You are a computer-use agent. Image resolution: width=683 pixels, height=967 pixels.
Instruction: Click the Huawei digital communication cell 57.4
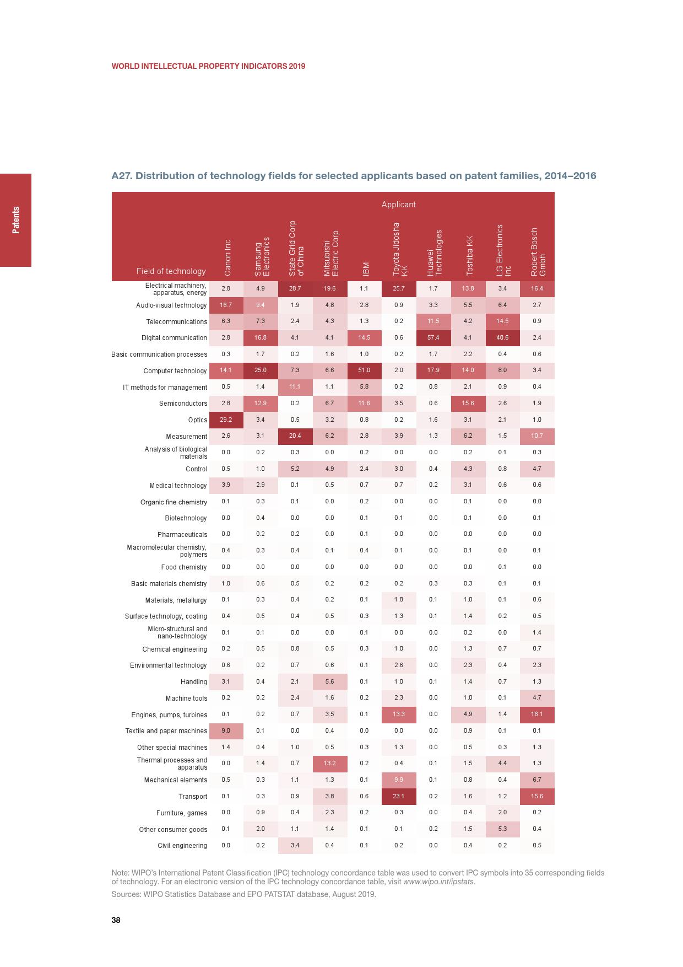tap(433, 337)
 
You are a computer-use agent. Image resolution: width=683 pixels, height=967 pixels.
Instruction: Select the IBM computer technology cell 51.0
tap(364, 370)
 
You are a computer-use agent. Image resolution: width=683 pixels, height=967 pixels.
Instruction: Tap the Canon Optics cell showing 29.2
tap(226, 420)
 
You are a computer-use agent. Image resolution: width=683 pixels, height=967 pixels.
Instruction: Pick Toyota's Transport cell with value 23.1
tap(399, 796)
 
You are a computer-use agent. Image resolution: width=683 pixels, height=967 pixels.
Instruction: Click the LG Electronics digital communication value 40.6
tap(502, 337)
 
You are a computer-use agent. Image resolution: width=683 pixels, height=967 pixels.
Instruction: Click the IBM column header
tap(365, 268)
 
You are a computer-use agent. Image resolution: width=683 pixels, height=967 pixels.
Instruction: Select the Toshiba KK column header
tap(469, 255)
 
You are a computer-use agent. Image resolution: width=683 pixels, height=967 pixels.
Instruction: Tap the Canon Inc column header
tap(227, 257)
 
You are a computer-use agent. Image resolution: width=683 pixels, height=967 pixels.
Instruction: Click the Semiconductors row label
tap(183, 404)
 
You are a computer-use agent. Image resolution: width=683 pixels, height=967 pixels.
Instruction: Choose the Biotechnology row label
tap(186, 518)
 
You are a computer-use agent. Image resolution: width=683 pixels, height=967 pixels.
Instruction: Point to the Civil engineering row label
tap(182, 846)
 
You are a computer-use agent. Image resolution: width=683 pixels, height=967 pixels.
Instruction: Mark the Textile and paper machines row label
tap(166, 731)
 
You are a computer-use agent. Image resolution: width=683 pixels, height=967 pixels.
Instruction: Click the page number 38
tap(116, 920)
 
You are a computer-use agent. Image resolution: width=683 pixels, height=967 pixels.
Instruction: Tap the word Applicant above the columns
tap(398, 205)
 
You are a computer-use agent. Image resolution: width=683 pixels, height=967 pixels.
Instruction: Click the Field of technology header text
tap(171, 271)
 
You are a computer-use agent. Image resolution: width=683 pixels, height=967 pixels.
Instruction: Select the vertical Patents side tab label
tap(15, 220)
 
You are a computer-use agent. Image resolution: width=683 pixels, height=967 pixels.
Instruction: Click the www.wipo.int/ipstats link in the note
tap(438, 882)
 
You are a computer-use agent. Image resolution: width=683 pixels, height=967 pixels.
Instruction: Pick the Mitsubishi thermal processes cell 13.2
tap(329, 764)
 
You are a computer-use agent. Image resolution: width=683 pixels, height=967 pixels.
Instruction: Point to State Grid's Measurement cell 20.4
tap(295, 436)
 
